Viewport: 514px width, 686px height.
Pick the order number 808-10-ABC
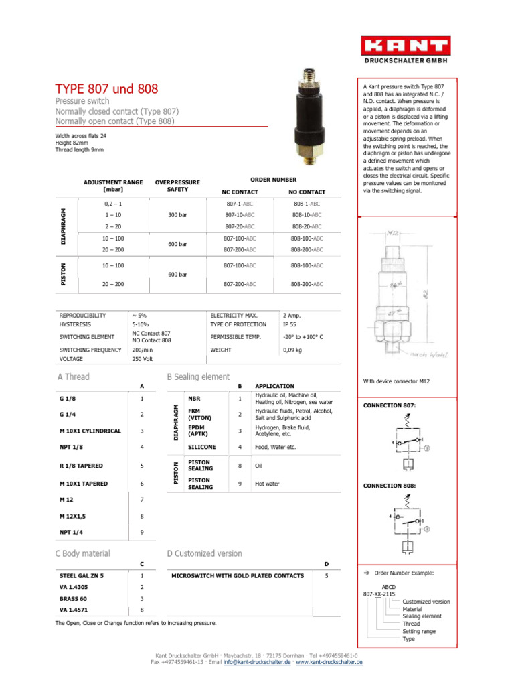[307, 215]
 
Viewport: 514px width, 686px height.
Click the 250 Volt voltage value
[143, 358]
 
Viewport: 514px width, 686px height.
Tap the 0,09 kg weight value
[293, 350]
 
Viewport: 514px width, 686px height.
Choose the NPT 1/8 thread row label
[72, 446]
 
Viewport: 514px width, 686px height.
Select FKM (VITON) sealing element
[200, 414]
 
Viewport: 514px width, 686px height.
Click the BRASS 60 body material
[74, 598]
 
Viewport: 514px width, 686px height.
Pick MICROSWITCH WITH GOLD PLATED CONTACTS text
[238, 575]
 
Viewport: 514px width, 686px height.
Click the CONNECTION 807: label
[390, 406]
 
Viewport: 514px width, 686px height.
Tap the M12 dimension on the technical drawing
[394, 233]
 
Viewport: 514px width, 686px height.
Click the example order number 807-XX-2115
[379, 593]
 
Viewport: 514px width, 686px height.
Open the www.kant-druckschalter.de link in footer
[329, 661]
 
